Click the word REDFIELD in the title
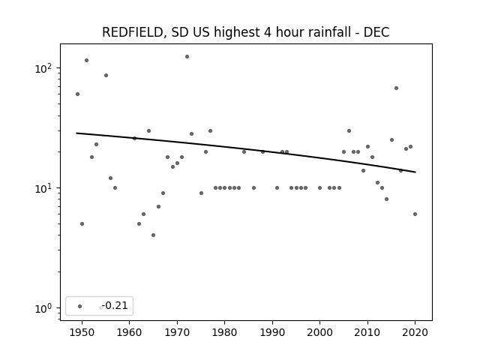[x=132, y=32]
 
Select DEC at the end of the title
[x=376, y=32]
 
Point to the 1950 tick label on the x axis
[x=82, y=332]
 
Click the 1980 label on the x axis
[x=225, y=332]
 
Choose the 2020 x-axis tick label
[x=415, y=332]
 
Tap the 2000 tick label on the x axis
[x=320, y=332]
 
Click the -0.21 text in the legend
[x=115, y=305]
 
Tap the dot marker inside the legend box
[x=80, y=306]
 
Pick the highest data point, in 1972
[x=187, y=57]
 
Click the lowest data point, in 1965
[x=153, y=235]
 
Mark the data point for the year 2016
[x=397, y=88]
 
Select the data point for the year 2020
[x=415, y=214]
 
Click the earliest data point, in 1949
[x=77, y=94]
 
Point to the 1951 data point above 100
[x=87, y=60]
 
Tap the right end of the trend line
[x=415, y=172]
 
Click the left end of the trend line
[x=76, y=133]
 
